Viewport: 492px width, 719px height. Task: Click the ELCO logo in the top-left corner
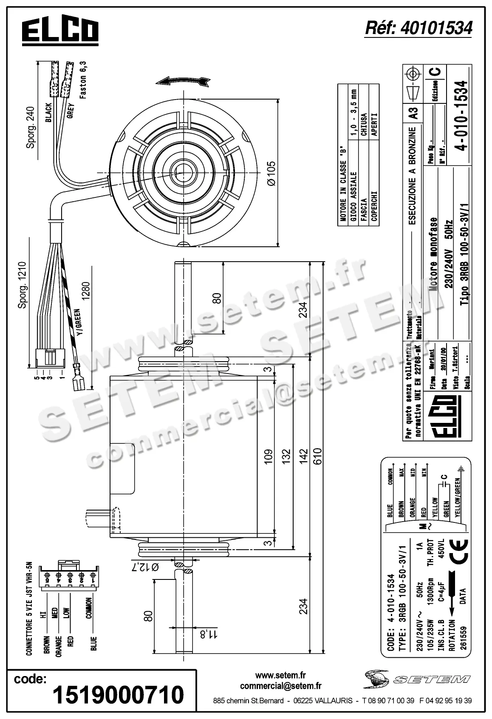click(60, 31)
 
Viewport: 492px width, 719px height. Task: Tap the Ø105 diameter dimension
click(270, 173)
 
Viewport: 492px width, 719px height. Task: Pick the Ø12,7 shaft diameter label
click(148, 568)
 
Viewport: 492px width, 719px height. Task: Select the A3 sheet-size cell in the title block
click(413, 113)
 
